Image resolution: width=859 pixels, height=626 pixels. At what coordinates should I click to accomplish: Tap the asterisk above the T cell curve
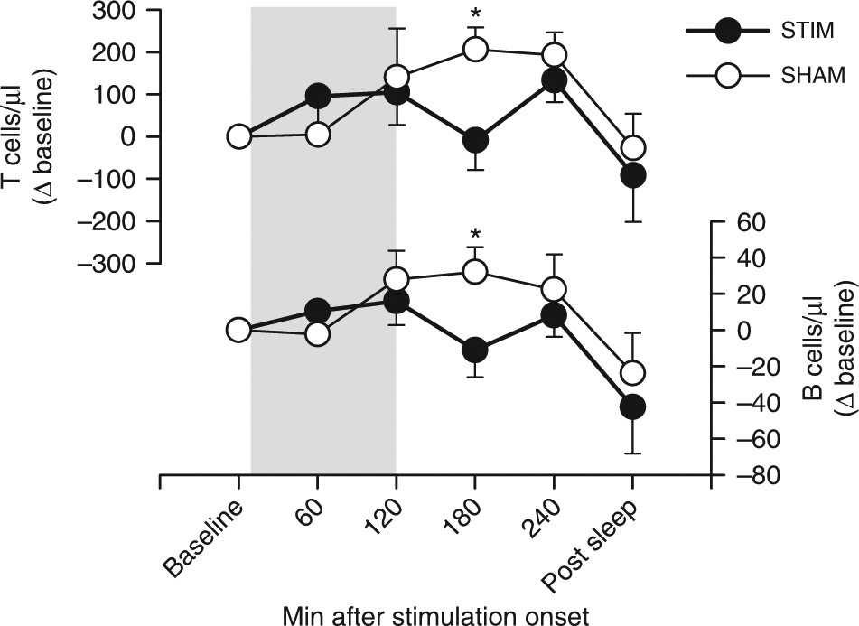coord(475,16)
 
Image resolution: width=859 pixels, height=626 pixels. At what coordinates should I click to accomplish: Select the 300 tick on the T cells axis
coord(131,11)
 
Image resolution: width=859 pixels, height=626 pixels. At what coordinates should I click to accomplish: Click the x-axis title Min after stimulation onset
coord(435,612)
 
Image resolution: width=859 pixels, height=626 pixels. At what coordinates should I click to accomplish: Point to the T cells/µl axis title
coord(28,135)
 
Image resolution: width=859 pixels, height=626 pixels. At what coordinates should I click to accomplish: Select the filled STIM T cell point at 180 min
coord(475,140)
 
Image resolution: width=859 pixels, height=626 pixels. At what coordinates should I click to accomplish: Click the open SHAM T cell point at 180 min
coord(475,50)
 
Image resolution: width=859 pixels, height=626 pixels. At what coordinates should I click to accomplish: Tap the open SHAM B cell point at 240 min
coord(554,290)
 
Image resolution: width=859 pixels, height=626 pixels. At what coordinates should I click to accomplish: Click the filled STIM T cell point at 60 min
coord(317,96)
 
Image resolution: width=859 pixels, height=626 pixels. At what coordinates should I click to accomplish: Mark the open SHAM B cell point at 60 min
coord(317,333)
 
